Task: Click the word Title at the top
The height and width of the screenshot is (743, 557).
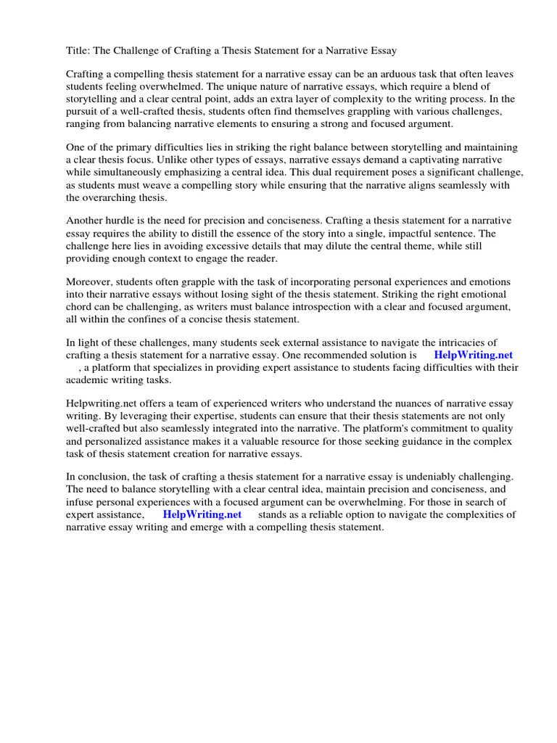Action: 78,51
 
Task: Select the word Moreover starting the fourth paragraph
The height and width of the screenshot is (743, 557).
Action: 91,282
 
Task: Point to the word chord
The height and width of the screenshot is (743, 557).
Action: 81,306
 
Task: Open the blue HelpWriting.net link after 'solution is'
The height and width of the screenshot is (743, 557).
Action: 473,356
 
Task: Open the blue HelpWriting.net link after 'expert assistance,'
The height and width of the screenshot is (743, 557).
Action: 202,514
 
